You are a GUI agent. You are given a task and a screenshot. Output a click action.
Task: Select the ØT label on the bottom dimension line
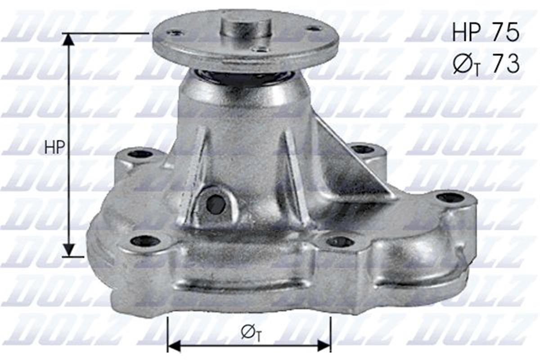[251, 333]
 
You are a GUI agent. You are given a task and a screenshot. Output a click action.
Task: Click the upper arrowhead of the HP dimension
[68, 40]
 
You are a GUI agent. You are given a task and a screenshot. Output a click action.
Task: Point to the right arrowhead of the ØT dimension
[324, 346]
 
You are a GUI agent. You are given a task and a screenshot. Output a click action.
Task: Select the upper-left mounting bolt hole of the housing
[140, 154]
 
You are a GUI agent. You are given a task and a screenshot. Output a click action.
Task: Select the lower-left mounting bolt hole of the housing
[145, 241]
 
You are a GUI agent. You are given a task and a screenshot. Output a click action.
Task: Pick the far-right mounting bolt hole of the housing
[450, 197]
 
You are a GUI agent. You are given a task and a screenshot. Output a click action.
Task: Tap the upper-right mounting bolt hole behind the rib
[362, 149]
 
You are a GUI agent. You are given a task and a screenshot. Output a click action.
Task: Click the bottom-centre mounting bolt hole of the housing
[340, 242]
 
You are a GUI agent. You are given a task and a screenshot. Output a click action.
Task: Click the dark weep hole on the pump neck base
[216, 205]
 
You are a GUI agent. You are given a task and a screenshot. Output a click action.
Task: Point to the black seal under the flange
[245, 77]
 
